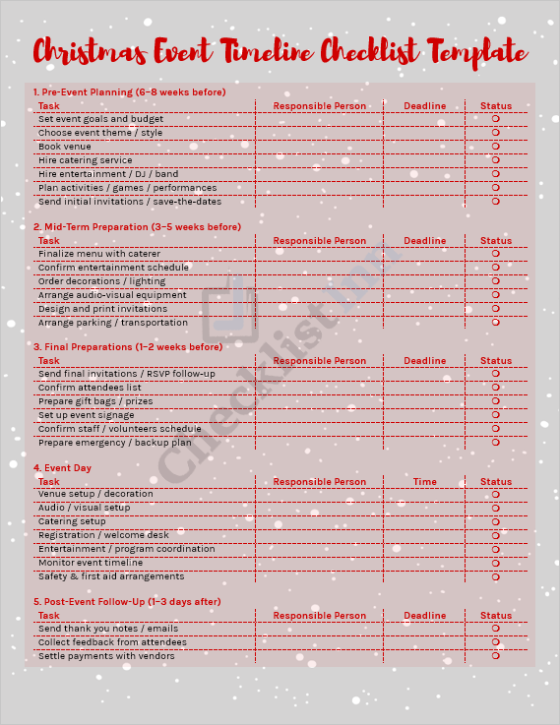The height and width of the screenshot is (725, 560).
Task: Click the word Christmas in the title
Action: [x=87, y=51]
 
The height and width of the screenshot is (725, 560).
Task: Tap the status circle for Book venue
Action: [x=496, y=147]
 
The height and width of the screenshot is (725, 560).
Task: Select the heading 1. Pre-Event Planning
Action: [x=129, y=92]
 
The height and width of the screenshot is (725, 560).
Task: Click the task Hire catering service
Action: [x=85, y=160]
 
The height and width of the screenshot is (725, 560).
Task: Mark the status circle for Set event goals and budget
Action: [x=496, y=119]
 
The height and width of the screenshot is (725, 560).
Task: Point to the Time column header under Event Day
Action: [x=425, y=482]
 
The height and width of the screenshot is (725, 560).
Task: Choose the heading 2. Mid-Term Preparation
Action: [x=137, y=227]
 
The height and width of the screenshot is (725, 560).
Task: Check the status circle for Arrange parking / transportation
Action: [x=496, y=323]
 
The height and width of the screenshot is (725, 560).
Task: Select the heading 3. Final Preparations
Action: [x=127, y=347]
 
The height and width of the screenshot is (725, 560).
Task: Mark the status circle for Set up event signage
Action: [x=496, y=415]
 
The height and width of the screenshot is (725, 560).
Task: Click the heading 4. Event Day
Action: [x=62, y=468]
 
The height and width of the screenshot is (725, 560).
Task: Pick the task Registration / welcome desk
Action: [x=103, y=535]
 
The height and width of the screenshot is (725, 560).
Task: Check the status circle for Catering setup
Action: [x=496, y=521]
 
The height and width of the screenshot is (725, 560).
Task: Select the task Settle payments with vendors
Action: [x=106, y=656]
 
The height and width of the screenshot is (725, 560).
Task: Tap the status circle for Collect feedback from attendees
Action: [x=496, y=642]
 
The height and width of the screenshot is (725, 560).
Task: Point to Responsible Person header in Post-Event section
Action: [x=320, y=616]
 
